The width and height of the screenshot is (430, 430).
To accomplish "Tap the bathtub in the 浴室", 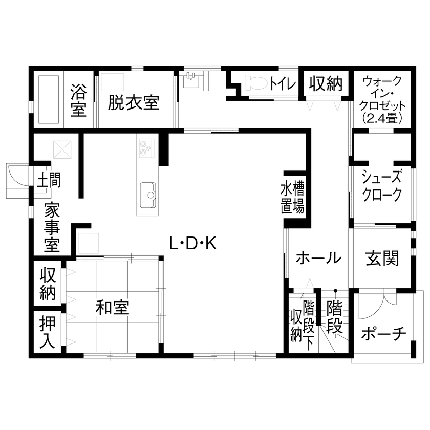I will point(48,100).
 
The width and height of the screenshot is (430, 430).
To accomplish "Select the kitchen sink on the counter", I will point(149,195).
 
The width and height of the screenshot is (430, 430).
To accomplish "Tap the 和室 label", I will point(113,308).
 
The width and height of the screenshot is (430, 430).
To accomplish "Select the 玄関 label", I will point(382,258).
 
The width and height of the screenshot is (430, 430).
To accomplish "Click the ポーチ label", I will point(383,334).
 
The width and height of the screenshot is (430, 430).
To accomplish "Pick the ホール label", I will point(318,257).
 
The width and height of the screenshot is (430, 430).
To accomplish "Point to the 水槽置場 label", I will point(293,198).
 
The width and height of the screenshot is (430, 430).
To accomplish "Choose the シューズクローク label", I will point(381,186).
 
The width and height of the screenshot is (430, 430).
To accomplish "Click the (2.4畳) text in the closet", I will point(381,117).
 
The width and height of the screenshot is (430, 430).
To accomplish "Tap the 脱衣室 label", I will point(134,102).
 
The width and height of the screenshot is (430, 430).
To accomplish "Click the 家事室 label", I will point(51,228).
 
